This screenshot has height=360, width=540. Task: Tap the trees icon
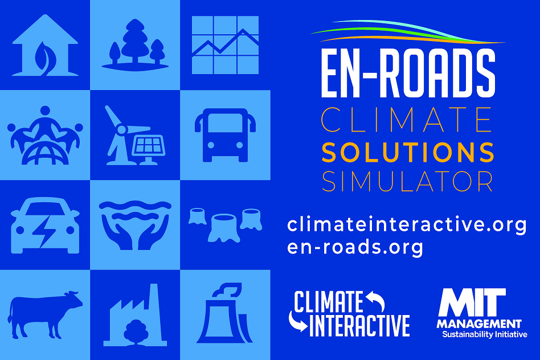pyautogui.click(x=135, y=45)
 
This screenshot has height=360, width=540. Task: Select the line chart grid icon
pyautogui.click(x=225, y=45)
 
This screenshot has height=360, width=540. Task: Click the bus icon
pyautogui.click(x=225, y=135)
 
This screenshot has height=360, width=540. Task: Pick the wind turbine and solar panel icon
pyautogui.click(x=136, y=135)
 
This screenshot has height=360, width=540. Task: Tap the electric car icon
pyautogui.click(x=45, y=226)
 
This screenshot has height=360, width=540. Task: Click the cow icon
pyautogui.click(x=45, y=314)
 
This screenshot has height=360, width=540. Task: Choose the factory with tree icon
pyautogui.click(x=136, y=315)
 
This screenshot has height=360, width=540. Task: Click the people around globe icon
pyautogui.click(x=45, y=135)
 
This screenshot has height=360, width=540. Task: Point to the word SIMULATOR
pyautogui.click(x=407, y=181)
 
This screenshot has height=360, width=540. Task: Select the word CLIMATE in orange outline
pyautogui.click(x=407, y=120)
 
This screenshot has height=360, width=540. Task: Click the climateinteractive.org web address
pyautogui.click(x=407, y=225)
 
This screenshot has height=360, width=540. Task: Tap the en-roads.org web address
pyautogui.click(x=355, y=247)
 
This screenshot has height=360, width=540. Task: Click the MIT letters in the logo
pyautogui.click(x=472, y=302)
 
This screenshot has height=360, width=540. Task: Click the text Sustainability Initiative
pyautogui.click(x=485, y=334)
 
